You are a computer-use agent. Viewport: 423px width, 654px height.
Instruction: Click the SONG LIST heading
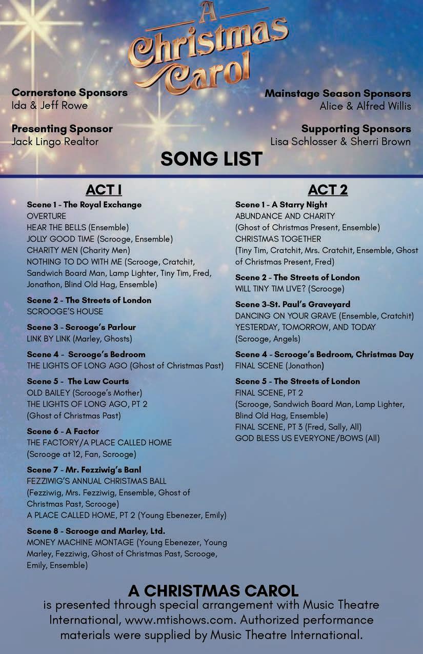(211, 158)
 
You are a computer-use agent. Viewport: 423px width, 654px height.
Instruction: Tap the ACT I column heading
(104, 190)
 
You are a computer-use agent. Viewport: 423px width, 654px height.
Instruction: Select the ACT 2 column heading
(328, 190)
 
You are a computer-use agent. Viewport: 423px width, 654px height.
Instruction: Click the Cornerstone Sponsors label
(70, 93)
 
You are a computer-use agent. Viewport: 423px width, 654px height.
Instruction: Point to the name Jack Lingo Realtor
(55, 142)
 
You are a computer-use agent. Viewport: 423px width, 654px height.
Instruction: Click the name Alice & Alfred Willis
(365, 106)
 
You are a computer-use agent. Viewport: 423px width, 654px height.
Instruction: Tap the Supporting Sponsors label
(356, 129)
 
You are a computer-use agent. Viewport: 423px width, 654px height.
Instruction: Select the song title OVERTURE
(47, 216)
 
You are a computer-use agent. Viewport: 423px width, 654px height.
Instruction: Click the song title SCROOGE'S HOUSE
(65, 311)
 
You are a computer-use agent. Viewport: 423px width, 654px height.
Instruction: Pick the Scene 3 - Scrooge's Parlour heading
(81, 327)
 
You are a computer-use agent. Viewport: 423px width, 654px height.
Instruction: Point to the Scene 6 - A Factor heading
(63, 431)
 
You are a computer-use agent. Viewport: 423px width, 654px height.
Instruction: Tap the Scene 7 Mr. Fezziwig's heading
(84, 470)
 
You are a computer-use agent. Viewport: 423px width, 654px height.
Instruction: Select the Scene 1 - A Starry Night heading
(281, 205)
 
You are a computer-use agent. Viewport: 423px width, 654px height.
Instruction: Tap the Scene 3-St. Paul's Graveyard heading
(293, 304)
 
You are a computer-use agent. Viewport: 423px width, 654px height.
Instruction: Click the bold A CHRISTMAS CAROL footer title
(213, 590)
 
